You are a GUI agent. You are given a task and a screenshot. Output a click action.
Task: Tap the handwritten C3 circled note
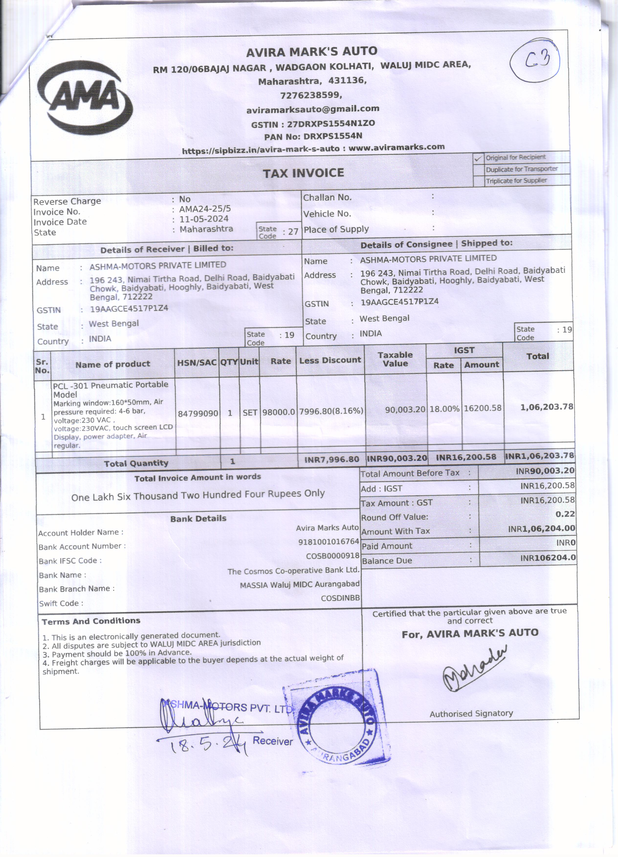pyautogui.click(x=534, y=60)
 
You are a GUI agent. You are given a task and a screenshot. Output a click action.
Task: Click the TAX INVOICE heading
pyautogui.click(x=304, y=173)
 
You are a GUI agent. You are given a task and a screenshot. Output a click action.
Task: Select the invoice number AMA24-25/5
pyautogui.click(x=205, y=209)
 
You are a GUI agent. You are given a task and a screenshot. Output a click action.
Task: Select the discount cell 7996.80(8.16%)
pyautogui.click(x=331, y=411)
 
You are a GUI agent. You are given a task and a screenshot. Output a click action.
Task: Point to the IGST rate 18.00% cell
pyautogui.click(x=444, y=409)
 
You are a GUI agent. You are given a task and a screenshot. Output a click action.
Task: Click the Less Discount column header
pyautogui.click(x=330, y=360)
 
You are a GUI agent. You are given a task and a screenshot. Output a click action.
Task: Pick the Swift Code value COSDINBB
pyautogui.click(x=340, y=598)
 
